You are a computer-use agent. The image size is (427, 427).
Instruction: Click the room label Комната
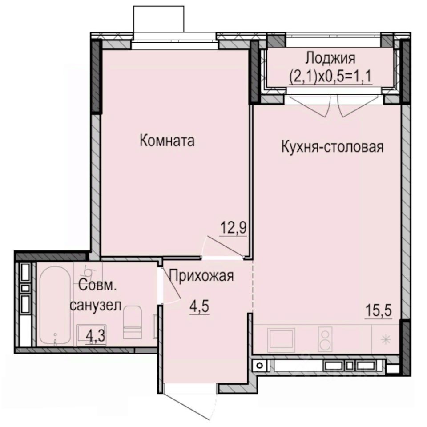167,141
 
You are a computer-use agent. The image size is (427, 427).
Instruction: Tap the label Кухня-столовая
332,146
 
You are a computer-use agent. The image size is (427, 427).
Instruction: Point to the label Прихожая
201,276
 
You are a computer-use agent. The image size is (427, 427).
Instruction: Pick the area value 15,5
379,310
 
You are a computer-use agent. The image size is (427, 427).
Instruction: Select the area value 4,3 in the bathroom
95,334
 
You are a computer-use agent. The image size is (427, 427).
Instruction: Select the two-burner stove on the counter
325,339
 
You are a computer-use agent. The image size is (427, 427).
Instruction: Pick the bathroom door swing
170,287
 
